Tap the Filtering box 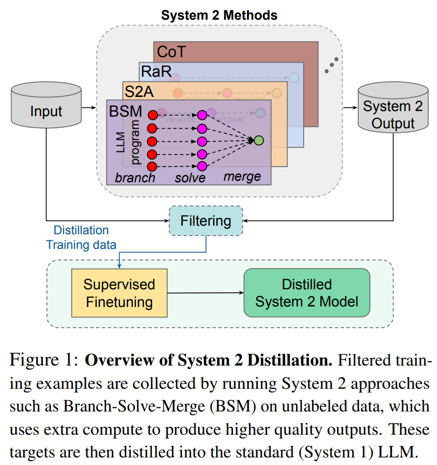206,221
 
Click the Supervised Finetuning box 119,293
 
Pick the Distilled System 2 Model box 307,293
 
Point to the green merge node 259,140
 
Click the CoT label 172,51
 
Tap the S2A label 138,91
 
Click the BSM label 126,111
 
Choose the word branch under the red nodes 135,178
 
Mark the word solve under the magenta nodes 190,178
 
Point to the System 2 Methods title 219,15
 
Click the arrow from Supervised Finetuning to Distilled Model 205,293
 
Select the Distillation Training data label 81,237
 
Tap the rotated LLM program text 128,142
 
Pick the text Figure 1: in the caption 43,361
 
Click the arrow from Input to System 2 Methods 89,107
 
